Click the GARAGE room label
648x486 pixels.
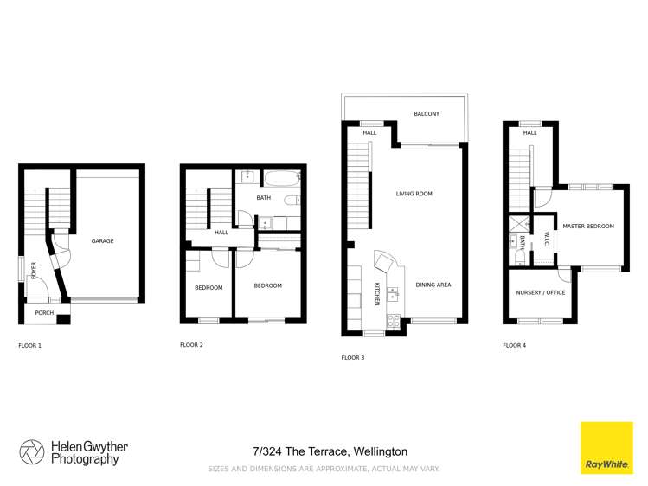point(103,241)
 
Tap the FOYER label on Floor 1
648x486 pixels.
point(35,272)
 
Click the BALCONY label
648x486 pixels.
point(427,114)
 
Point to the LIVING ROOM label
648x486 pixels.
point(414,194)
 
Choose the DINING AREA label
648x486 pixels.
point(433,285)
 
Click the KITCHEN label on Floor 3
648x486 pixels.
point(377,294)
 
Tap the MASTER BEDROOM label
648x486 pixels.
point(588,227)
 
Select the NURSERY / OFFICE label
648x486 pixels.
point(540,292)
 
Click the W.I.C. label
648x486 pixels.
point(547,241)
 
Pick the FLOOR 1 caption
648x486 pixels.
point(29,345)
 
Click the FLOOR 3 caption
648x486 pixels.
point(353,357)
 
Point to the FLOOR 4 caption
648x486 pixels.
point(514,345)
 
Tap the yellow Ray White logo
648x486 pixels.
point(606,448)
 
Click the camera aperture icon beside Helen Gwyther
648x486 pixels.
point(32,452)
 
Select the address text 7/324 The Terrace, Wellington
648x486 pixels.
point(330,451)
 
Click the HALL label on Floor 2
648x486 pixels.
point(221,232)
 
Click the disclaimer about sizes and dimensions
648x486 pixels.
point(324,469)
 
